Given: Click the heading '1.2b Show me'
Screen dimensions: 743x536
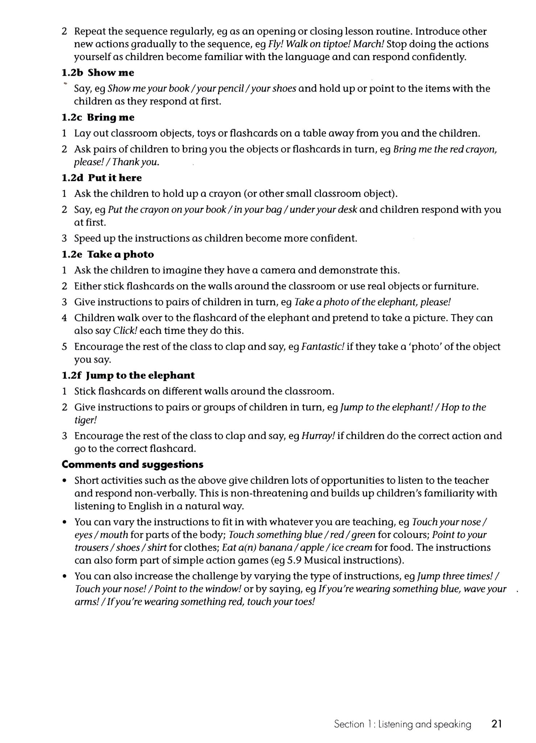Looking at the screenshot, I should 98,73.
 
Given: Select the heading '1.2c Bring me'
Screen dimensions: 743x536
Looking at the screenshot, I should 98,118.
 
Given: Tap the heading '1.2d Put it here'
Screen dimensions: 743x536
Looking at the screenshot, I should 102,178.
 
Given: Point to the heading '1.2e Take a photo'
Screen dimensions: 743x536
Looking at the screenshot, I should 108,254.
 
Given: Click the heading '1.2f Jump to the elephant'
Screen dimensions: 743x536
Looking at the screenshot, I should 128,375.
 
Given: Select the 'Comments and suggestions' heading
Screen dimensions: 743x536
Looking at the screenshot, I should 132,464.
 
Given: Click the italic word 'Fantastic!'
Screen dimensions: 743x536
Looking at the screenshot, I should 322,347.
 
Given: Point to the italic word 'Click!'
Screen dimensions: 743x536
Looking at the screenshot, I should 125,331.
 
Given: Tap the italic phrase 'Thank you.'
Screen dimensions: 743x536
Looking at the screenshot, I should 140,162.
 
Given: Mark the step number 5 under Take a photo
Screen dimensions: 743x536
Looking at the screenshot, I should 64,347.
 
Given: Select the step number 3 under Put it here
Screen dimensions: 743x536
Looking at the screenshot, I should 64,238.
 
